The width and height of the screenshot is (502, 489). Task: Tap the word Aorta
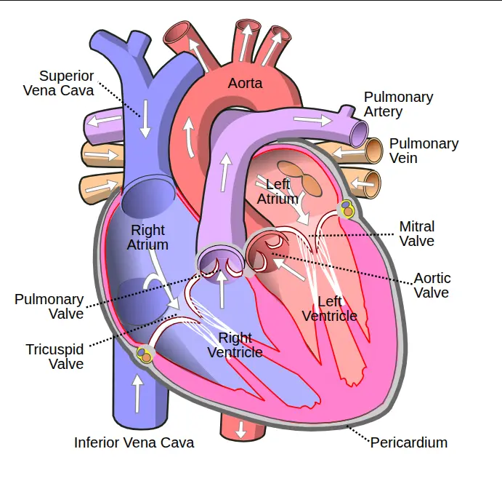[245, 83]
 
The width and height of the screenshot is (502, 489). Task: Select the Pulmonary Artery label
[398, 104]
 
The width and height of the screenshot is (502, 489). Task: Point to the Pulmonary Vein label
[424, 151]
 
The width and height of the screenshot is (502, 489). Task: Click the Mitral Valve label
[417, 234]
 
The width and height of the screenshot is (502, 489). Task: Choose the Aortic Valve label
[432, 285]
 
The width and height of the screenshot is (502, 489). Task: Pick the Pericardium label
[408, 442]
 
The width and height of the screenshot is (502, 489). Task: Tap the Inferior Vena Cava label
[134, 442]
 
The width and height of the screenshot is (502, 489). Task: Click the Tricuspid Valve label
[55, 356]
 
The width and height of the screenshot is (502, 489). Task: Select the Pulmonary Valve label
[49, 306]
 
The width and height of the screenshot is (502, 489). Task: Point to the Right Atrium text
[147, 238]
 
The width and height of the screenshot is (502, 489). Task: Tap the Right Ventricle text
[235, 345]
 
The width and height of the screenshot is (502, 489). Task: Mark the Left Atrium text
[278, 191]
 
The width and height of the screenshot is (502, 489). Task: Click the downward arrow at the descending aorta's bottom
[240, 430]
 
